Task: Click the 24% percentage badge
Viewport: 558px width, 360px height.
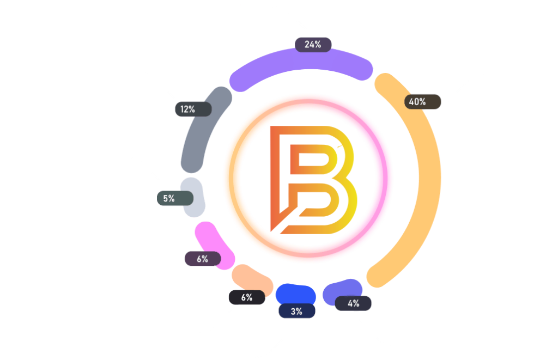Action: [x=313, y=44]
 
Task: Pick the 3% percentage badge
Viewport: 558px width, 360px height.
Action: [x=297, y=311]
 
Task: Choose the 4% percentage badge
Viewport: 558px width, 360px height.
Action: [x=354, y=303]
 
